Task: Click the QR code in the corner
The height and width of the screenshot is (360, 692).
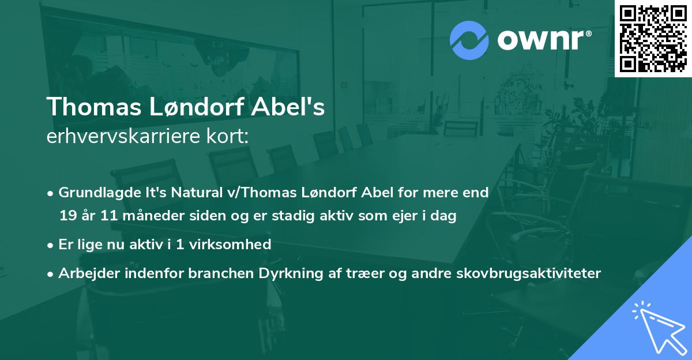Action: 653,38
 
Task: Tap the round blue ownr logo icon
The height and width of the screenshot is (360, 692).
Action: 470,40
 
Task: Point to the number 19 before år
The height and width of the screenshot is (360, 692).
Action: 67,216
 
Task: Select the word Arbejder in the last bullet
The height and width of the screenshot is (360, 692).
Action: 84,273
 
